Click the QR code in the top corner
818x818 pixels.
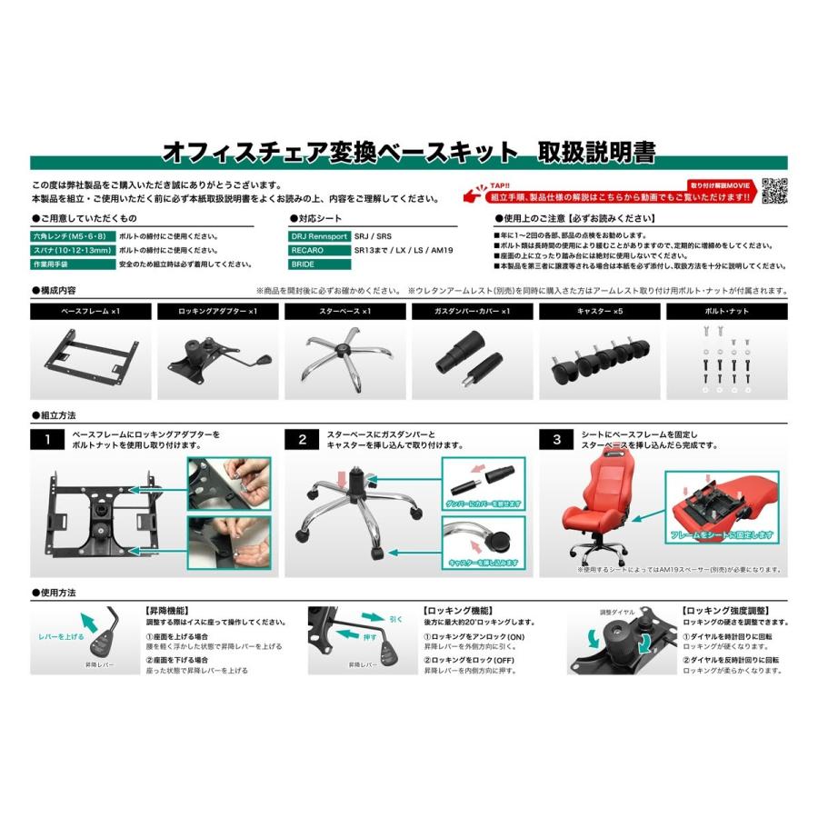click(x=773, y=190)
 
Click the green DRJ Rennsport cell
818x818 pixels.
click(x=318, y=235)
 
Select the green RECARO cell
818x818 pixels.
click(x=318, y=250)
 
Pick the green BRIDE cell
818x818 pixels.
click(x=318, y=264)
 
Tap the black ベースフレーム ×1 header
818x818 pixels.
click(x=90, y=311)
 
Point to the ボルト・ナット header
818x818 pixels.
click(x=727, y=311)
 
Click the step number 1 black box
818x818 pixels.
click(x=45, y=441)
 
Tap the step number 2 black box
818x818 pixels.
click(x=302, y=441)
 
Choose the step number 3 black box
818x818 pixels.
click(x=556, y=441)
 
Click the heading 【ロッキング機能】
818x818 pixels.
click(x=457, y=612)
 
